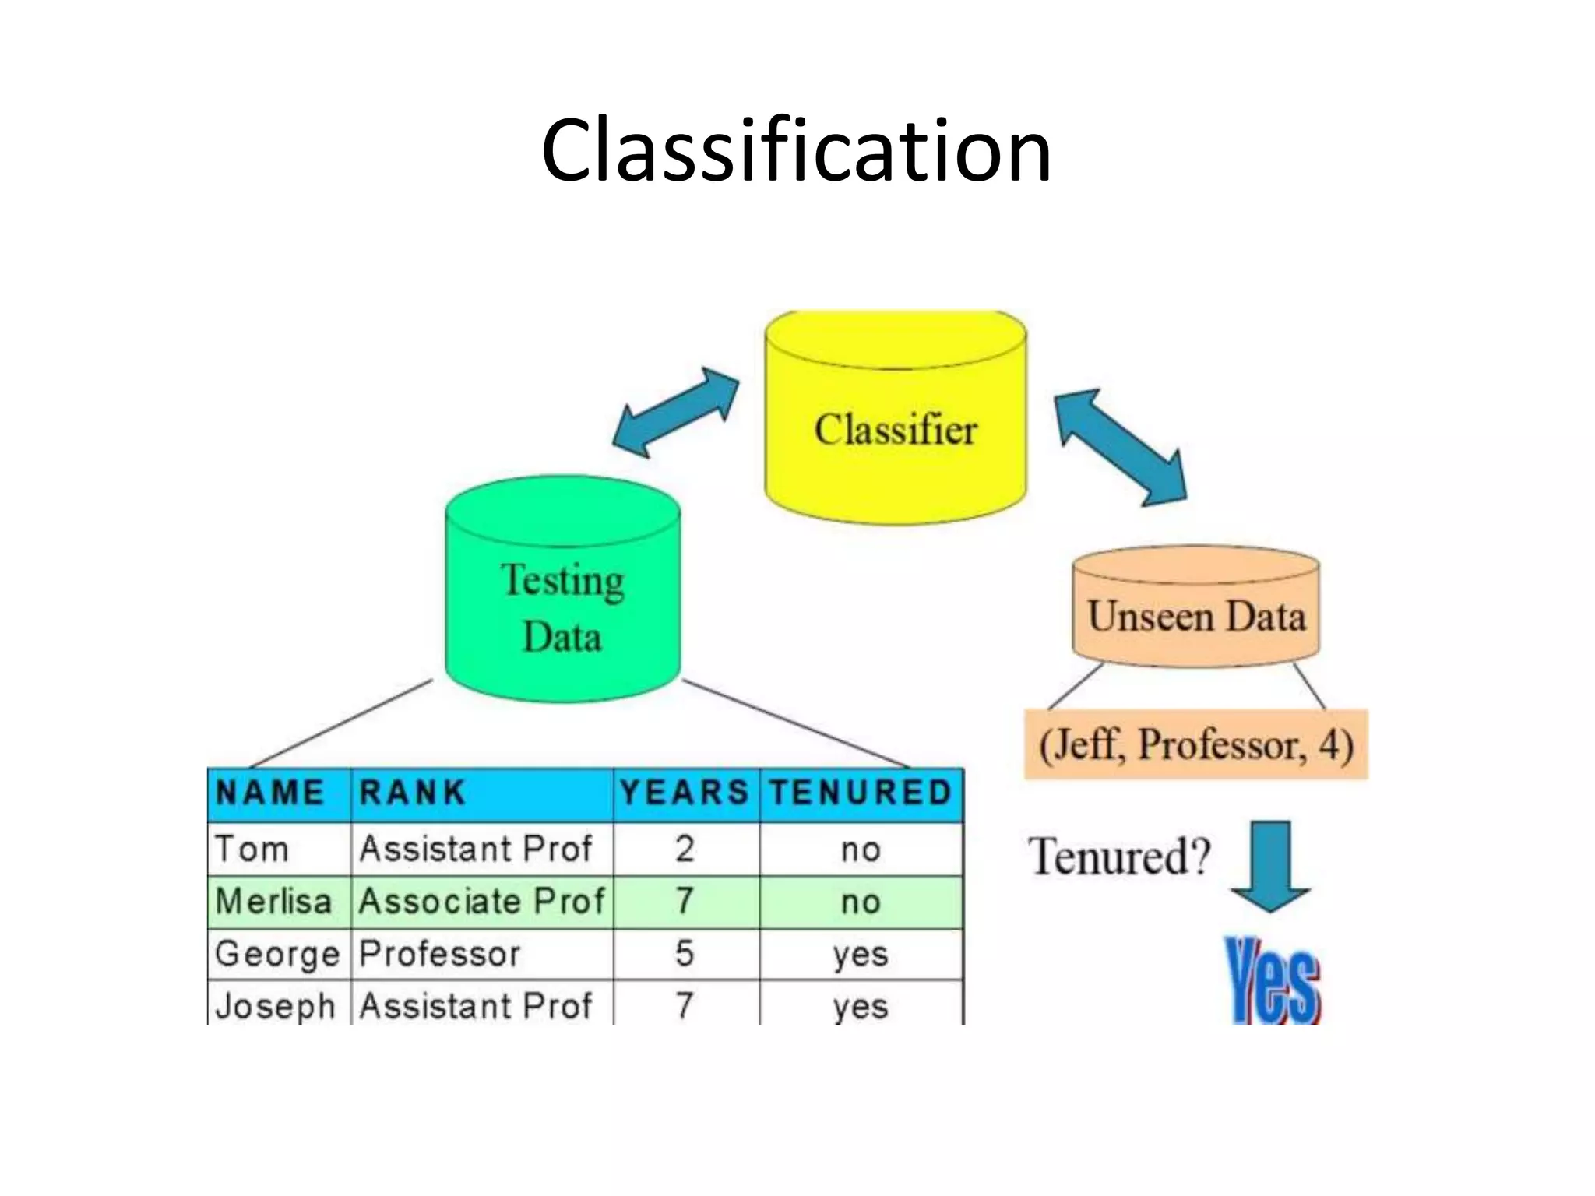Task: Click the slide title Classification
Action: [x=796, y=149]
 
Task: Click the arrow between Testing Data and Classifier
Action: [x=675, y=412]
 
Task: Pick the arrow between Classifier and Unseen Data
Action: [x=1121, y=447]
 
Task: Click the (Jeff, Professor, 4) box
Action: [x=1195, y=744]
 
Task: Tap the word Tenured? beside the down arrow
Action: [x=1119, y=856]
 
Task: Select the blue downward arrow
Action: [x=1271, y=864]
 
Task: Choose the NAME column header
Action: [x=269, y=793]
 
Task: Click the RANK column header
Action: [x=413, y=793]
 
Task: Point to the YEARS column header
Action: [x=685, y=793]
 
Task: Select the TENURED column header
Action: [x=861, y=793]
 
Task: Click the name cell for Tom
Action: [x=252, y=849]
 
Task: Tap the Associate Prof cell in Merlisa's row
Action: [x=481, y=902]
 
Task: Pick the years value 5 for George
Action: [x=685, y=954]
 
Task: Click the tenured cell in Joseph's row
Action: [x=861, y=1006]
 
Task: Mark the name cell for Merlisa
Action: [x=274, y=902]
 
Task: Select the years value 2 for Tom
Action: [x=685, y=849]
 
